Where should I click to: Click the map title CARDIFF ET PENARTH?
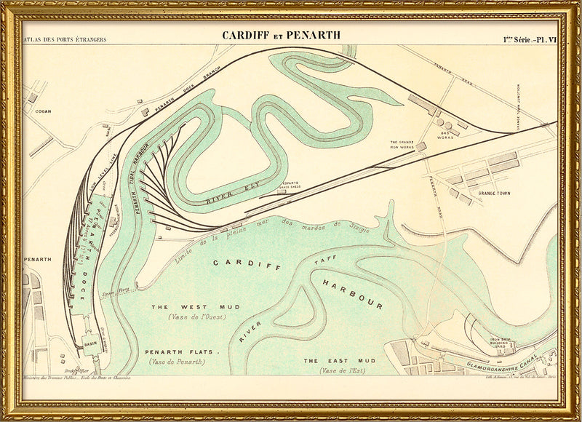(x=281, y=35)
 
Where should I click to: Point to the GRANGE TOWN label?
(x=496, y=194)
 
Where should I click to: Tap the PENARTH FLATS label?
(x=183, y=352)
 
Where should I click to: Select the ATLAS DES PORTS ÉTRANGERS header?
(x=65, y=39)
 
